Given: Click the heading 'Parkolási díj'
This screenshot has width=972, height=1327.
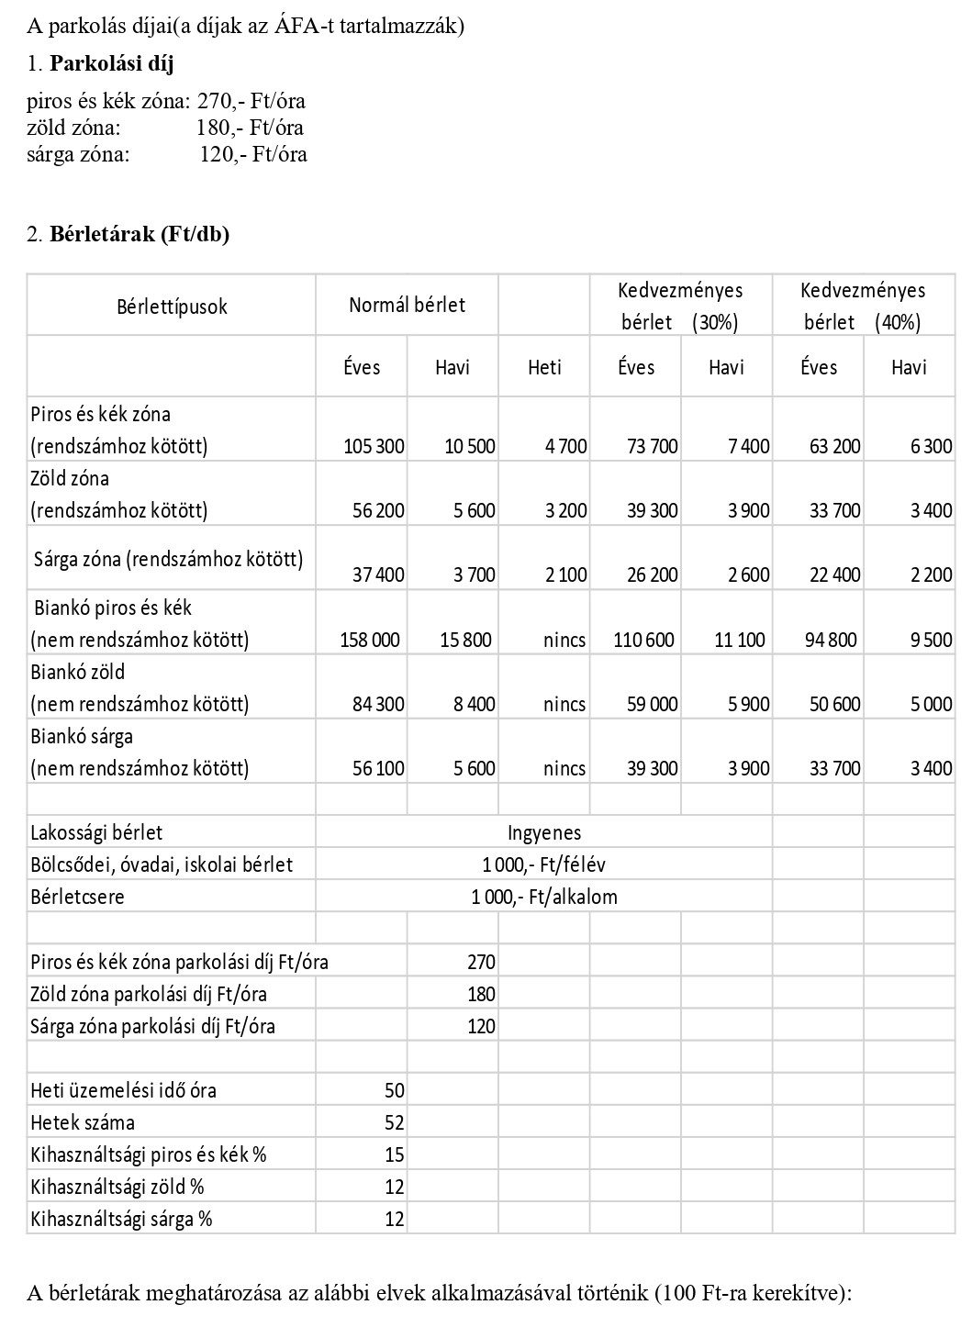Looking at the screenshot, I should pos(111,63).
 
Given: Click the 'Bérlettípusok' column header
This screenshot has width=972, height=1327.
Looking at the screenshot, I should pos(172,307).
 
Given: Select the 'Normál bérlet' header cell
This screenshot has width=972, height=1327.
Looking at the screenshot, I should pos(407,305).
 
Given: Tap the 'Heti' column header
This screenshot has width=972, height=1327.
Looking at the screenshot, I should pos(544,367).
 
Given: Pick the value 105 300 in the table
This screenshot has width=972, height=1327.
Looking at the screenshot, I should pos(374,447).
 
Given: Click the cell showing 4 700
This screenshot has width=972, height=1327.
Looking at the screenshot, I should pos(565,447).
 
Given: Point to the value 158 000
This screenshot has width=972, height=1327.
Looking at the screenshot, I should pos(370,640).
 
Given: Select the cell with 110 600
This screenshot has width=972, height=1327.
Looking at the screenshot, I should pos(643,640).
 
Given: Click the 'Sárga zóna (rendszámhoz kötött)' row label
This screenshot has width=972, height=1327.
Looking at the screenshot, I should pos(169,558).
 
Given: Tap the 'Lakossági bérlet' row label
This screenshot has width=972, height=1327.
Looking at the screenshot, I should pos(96,832).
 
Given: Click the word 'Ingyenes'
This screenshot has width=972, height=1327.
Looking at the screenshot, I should pos(544,832).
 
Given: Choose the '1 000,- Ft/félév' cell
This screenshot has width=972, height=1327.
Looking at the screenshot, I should pos(544,864).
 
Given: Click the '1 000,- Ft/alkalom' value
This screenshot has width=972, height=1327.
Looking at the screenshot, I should pos(544,897).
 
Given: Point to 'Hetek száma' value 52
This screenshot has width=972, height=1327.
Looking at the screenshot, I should pos(394,1122).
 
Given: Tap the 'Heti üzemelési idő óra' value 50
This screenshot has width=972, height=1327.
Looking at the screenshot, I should pos(394,1090).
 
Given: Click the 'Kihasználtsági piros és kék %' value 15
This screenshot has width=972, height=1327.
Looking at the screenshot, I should pos(394,1154).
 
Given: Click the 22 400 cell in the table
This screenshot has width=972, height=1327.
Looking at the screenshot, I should pos(834,575).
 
